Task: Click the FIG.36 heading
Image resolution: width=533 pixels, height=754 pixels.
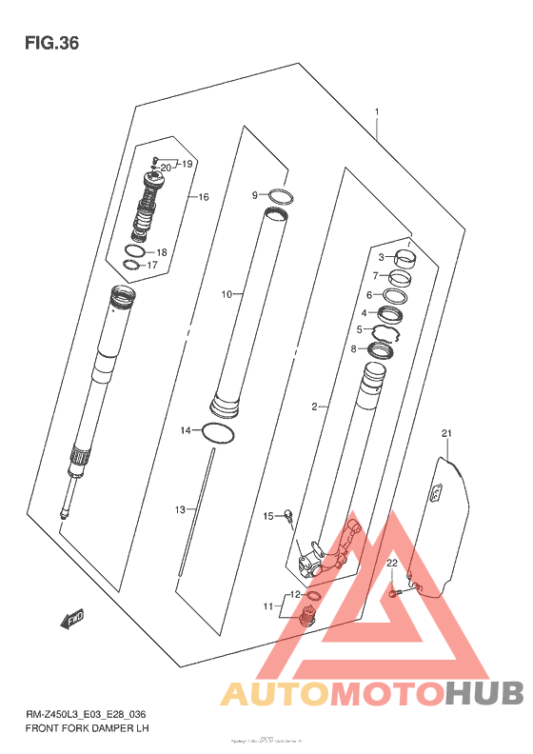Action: click(51, 43)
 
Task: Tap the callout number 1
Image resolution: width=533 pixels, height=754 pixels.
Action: click(377, 111)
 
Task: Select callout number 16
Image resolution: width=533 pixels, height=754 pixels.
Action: click(202, 197)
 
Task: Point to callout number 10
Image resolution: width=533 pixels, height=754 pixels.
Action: click(227, 294)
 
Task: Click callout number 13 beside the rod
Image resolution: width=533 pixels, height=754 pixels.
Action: click(179, 510)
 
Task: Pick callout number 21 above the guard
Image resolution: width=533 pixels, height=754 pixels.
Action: click(444, 434)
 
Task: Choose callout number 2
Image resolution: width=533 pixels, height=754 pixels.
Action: click(313, 407)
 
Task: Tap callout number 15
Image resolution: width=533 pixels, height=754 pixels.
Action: click(268, 515)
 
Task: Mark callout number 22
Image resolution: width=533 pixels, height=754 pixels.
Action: click(390, 564)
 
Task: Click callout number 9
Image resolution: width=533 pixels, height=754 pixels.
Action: click(255, 195)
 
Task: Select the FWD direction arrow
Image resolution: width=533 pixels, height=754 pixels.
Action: click(72, 621)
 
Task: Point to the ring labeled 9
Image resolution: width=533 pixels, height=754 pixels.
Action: click(278, 197)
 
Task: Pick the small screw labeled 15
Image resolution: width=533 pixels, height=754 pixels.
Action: click(286, 517)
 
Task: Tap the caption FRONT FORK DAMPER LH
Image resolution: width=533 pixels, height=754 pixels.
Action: click(88, 728)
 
